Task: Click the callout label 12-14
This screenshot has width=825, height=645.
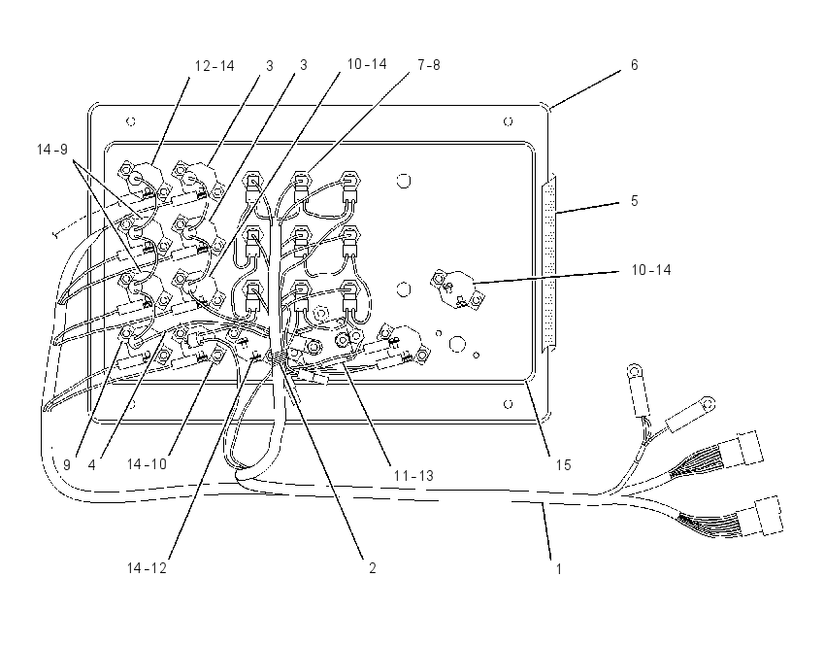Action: tap(214, 66)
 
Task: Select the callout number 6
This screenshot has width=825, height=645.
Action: tap(635, 65)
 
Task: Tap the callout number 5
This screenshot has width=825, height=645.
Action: tap(635, 201)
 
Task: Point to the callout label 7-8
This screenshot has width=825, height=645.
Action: tap(429, 65)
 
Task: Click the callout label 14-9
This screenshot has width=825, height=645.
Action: tap(52, 150)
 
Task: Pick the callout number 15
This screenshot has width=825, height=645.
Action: tap(564, 465)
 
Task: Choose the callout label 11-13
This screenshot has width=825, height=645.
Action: tap(413, 475)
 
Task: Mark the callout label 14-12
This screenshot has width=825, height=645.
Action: tap(147, 568)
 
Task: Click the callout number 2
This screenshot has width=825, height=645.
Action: tap(373, 568)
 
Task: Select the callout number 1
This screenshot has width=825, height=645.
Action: tap(559, 568)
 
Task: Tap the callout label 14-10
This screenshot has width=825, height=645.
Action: tap(147, 464)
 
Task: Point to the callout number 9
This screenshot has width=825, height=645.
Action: tap(67, 465)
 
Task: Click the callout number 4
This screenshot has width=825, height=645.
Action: tap(91, 465)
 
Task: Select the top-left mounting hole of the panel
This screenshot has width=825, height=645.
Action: tap(131, 121)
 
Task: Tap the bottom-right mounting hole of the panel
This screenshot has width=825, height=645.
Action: tap(509, 404)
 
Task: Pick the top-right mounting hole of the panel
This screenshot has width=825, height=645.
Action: tap(509, 121)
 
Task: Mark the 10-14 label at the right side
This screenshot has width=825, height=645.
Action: tap(651, 270)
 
